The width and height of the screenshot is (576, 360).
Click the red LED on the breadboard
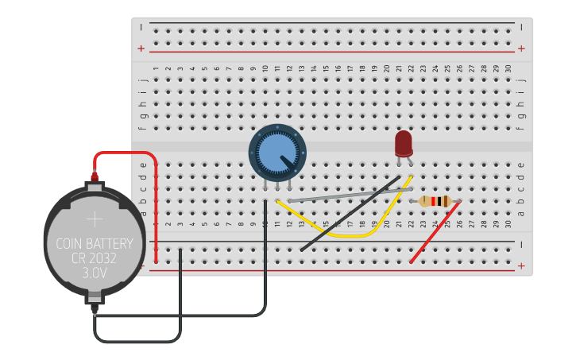(x=404, y=143)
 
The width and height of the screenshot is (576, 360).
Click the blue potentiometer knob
(x=276, y=151)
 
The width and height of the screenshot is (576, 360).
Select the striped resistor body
(x=435, y=201)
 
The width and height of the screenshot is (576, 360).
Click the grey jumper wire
(x=350, y=195)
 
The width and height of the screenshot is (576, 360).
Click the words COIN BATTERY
(x=95, y=244)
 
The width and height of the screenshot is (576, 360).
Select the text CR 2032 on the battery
(x=95, y=258)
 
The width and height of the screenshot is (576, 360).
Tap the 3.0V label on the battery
(x=95, y=273)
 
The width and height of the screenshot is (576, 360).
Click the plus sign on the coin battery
(x=95, y=219)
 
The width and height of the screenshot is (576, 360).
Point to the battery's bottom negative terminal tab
(x=95, y=302)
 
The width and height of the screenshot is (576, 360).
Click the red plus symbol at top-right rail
(x=521, y=48)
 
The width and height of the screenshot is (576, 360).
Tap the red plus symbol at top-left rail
(x=141, y=48)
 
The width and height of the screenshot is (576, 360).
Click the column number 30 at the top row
(x=508, y=68)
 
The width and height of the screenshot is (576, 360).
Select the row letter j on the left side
(x=143, y=79)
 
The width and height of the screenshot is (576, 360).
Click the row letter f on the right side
(x=521, y=127)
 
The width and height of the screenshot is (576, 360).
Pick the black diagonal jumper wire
(x=350, y=214)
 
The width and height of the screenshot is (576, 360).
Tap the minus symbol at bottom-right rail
(x=521, y=244)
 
